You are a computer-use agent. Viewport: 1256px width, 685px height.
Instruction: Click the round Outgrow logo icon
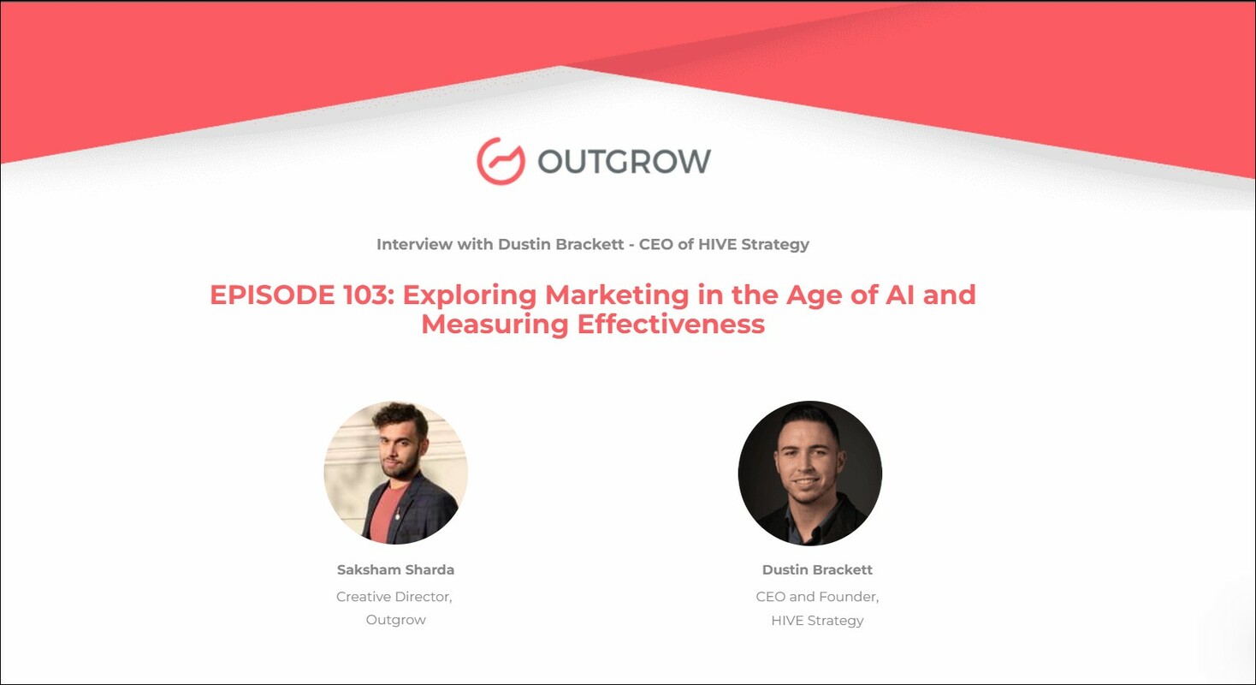click(501, 161)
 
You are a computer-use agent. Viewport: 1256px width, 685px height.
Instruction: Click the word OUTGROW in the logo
click(624, 161)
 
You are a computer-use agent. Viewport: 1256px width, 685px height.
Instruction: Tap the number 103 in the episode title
click(365, 295)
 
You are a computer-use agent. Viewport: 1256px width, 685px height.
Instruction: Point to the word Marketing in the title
click(617, 295)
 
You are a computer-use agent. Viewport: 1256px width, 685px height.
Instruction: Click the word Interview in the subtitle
click(412, 244)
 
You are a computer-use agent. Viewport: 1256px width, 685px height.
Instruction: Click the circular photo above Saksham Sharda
click(395, 473)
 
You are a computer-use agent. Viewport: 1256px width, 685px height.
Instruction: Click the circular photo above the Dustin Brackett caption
click(809, 473)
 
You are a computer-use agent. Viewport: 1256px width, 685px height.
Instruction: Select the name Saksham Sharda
click(395, 570)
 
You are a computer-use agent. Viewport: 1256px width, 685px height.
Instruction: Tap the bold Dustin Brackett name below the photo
click(817, 570)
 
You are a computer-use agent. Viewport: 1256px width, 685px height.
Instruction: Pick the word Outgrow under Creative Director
click(395, 620)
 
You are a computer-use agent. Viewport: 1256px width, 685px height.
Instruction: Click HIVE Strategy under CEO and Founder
click(817, 620)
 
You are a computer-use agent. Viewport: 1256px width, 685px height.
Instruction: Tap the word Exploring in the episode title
click(470, 295)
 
